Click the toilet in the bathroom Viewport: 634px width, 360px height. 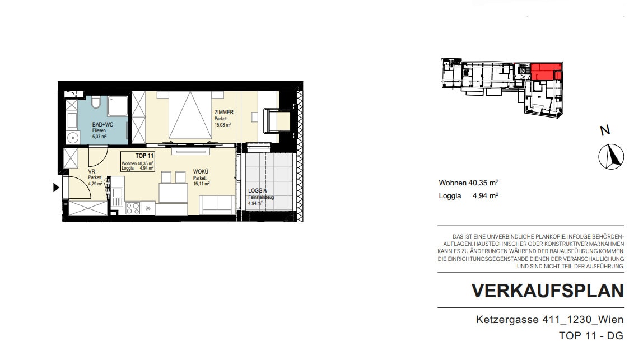click(96, 102)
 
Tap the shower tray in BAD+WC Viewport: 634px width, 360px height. click(118, 106)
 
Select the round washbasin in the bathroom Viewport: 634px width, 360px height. click(73, 138)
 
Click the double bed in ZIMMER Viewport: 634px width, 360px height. click(190, 115)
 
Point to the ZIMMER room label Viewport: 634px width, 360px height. click(224, 113)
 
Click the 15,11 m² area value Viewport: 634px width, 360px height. click(201, 184)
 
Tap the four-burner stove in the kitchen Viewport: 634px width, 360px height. click(133, 208)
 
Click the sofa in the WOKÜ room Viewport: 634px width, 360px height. click(217, 204)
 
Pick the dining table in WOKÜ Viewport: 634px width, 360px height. click(173, 193)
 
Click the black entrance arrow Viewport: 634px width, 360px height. click(56, 188)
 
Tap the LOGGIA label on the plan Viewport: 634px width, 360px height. click(258, 191)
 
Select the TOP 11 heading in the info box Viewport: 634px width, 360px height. click(144, 156)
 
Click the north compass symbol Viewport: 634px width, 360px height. click(611, 156)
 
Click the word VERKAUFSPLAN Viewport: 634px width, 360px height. click(548, 291)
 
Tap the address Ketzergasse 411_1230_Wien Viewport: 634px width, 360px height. click(549, 320)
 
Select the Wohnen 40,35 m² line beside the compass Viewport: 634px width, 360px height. click(469, 183)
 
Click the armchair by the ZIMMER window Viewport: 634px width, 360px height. click(277, 120)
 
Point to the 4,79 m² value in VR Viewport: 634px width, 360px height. click(95, 183)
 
